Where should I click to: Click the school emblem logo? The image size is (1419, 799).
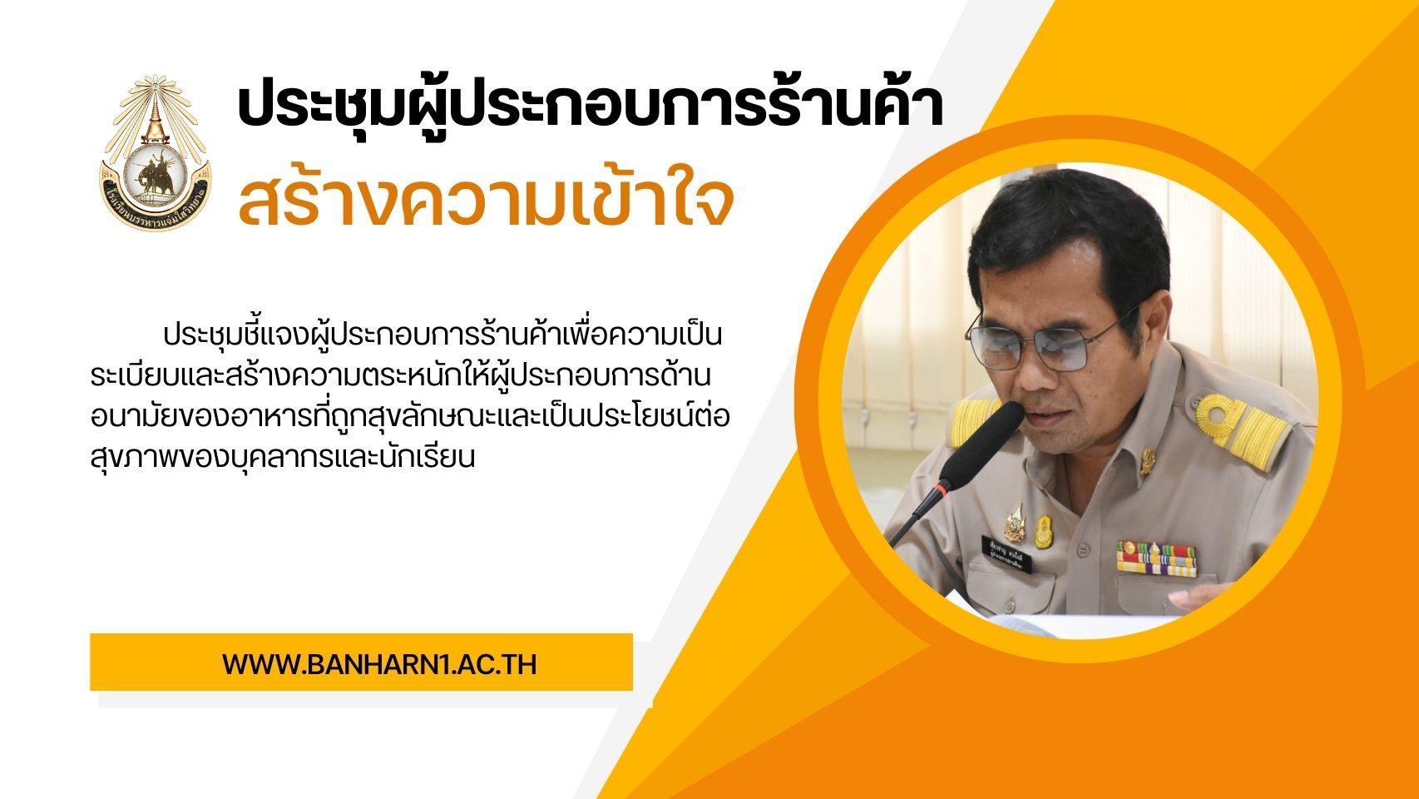[x=156, y=153]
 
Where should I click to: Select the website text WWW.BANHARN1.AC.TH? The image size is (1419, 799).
[x=379, y=664]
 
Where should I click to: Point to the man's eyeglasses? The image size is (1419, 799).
[x=1051, y=340]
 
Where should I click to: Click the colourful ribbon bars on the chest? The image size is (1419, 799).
[x=1156, y=558]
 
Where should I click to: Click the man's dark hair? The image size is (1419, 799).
[x=1070, y=235]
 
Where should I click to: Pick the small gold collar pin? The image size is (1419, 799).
[x=1147, y=461]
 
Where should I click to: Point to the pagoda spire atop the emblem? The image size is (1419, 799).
[x=154, y=111]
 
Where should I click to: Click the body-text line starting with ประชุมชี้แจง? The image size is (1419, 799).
[x=443, y=335]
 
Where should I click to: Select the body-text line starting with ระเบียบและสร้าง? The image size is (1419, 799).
[x=400, y=376]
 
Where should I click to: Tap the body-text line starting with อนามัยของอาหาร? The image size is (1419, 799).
[x=410, y=417]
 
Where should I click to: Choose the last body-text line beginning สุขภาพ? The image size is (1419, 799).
[x=283, y=457]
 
